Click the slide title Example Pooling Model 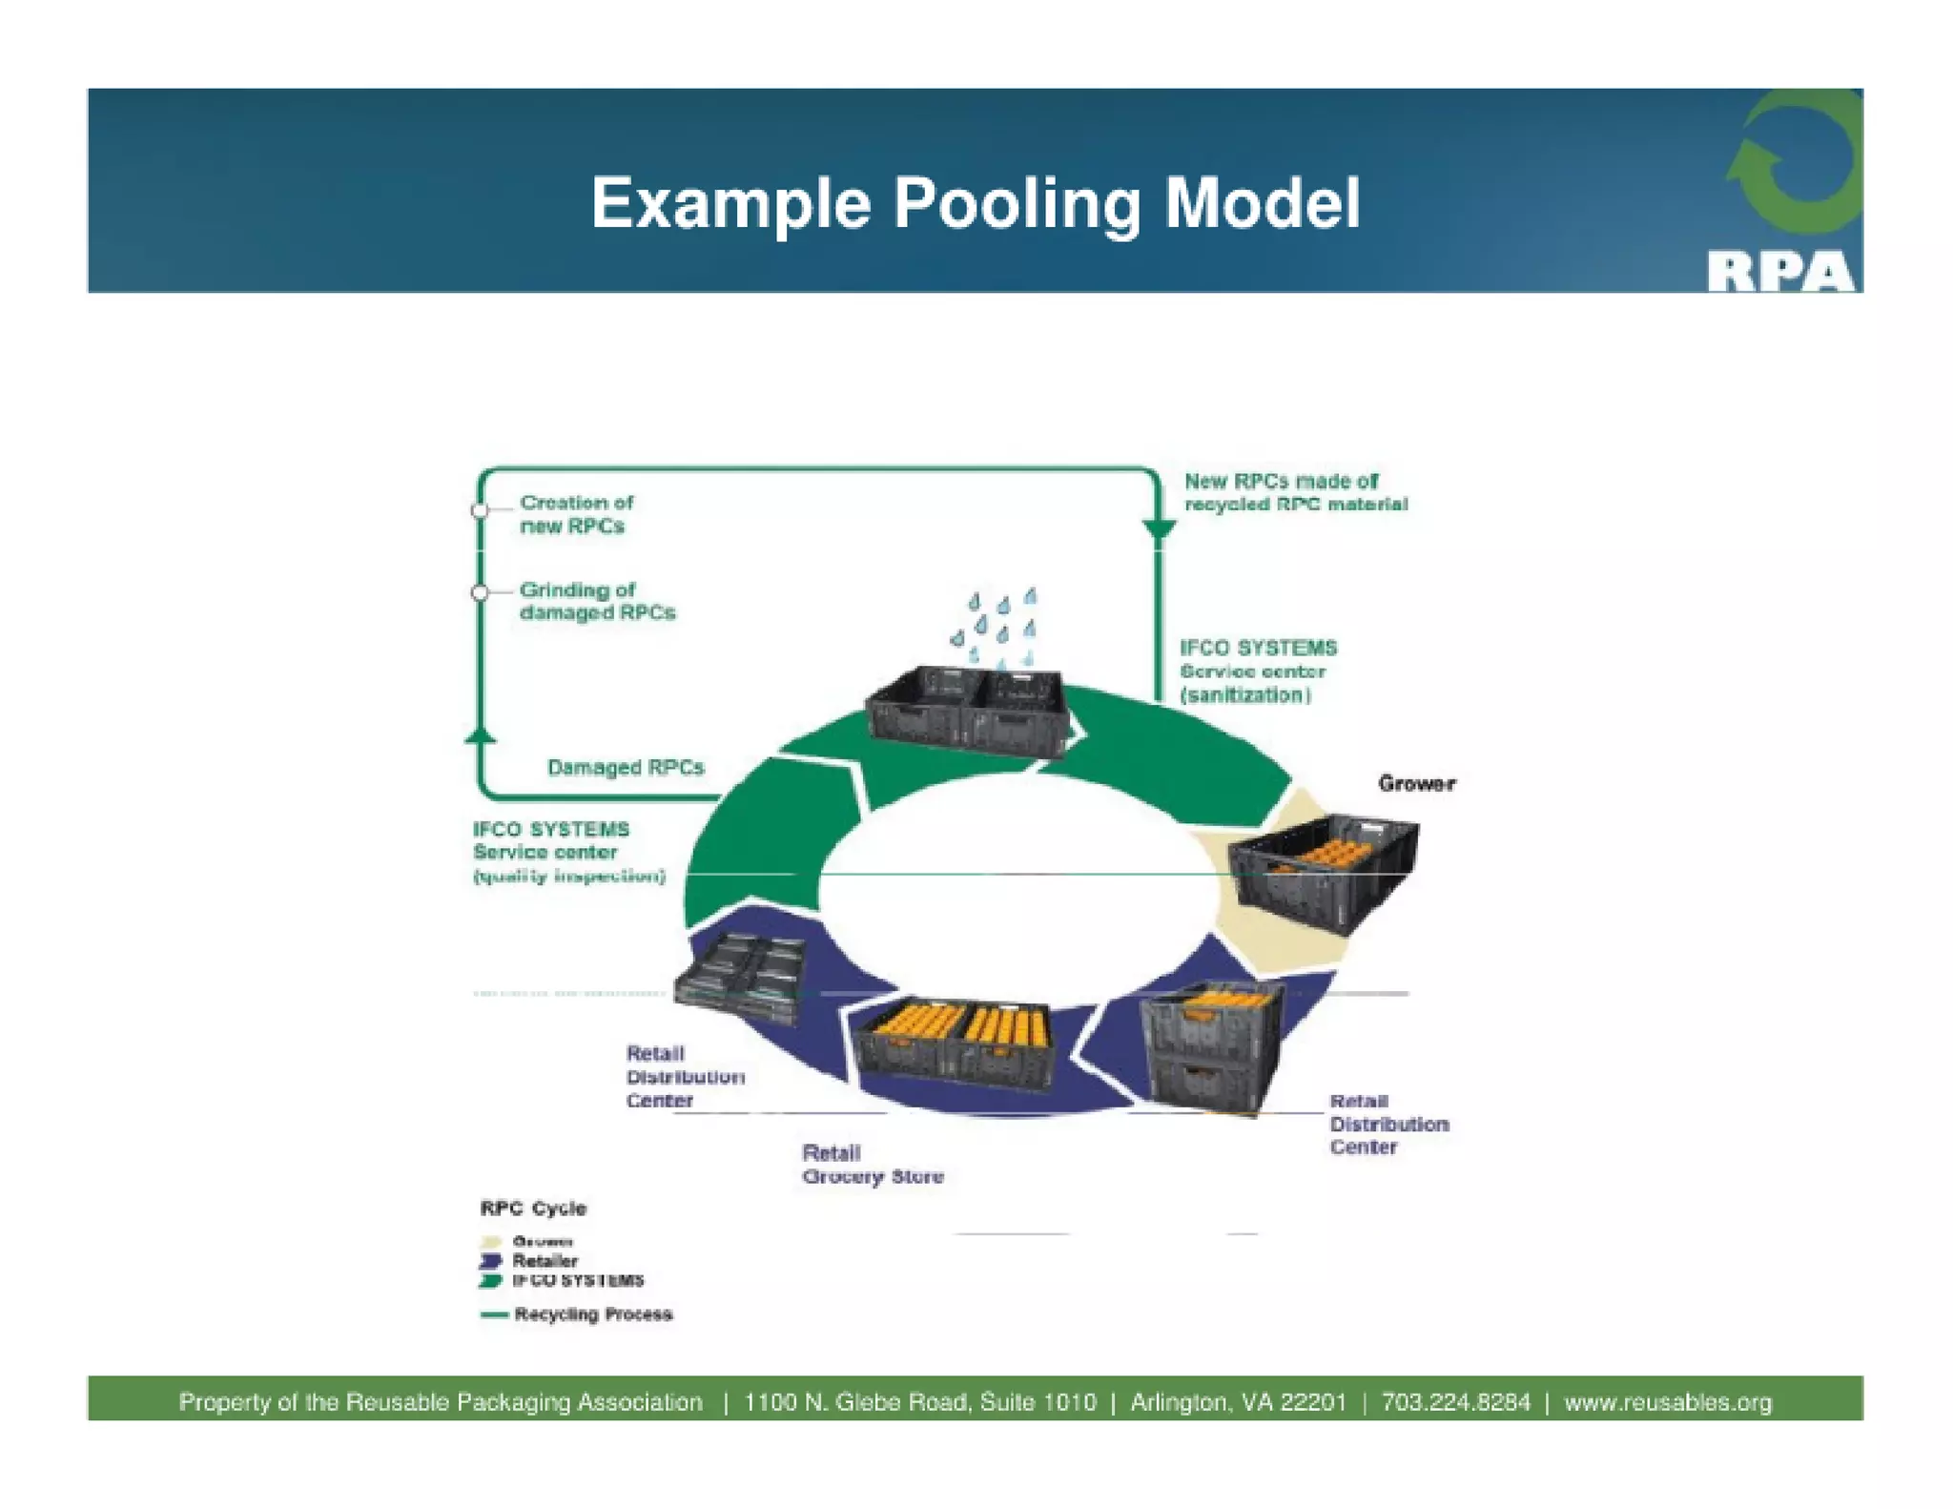(x=975, y=203)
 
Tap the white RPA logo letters (x=1779, y=272)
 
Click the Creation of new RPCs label (x=575, y=514)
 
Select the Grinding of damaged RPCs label (x=596, y=601)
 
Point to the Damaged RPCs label (x=625, y=768)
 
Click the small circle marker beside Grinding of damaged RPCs (x=480, y=592)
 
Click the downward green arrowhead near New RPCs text (x=1159, y=530)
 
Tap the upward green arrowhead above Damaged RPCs (x=480, y=735)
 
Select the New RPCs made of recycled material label (x=1295, y=492)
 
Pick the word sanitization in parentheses (x=1245, y=695)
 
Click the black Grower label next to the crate (x=1416, y=783)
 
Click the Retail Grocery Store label (x=872, y=1165)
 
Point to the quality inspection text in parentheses (x=568, y=877)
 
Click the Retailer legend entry (x=545, y=1261)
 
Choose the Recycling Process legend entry (x=592, y=1314)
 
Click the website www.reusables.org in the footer (x=1667, y=1402)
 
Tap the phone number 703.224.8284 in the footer (x=1454, y=1402)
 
